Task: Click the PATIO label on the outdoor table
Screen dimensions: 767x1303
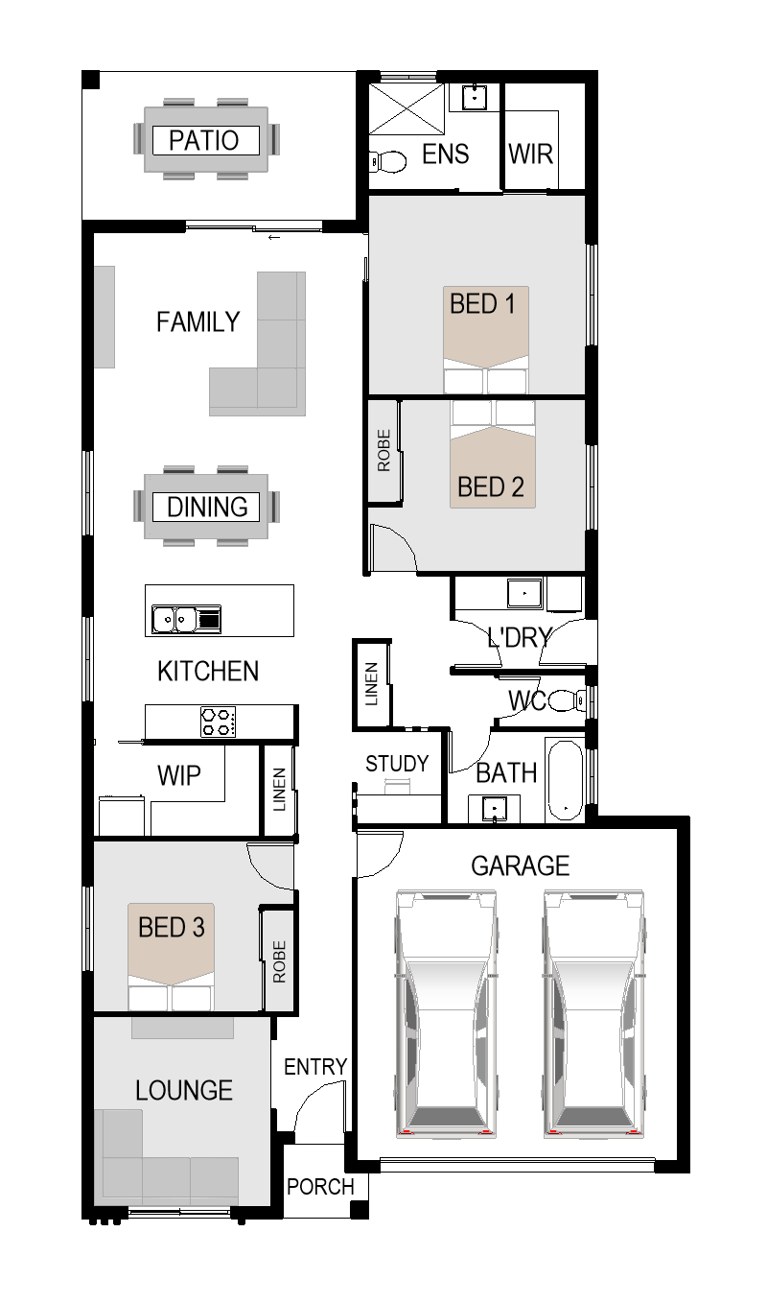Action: click(x=204, y=140)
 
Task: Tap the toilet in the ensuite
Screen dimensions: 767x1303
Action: click(x=387, y=162)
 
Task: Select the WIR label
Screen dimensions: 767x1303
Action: click(x=530, y=154)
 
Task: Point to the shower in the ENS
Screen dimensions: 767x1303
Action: click(x=407, y=108)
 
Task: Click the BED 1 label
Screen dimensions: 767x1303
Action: click(x=482, y=303)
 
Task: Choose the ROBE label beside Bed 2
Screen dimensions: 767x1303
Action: click(x=383, y=450)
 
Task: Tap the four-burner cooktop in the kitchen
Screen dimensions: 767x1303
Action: click(x=219, y=722)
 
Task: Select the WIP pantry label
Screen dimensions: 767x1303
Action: click(x=179, y=775)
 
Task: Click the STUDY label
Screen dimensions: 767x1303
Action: click(x=397, y=763)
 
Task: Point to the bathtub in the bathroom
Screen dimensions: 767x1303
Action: click(x=566, y=779)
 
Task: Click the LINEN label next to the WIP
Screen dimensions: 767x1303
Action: click(x=280, y=790)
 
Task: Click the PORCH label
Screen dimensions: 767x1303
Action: click(x=320, y=1187)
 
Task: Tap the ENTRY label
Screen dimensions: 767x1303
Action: click(x=315, y=1067)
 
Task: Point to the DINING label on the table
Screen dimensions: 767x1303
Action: click(x=207, y=507)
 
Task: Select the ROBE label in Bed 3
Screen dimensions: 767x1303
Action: click(x=280, y=961)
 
